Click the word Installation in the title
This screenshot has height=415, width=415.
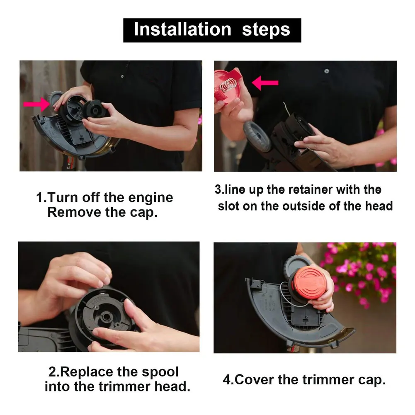(182, 30)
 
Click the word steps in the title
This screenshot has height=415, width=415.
(266, 30)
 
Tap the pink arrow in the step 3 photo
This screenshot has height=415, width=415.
(265, 83)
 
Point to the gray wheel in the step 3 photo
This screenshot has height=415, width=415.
(257, 136)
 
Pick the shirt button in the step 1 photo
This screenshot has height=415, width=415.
(121, 76)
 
